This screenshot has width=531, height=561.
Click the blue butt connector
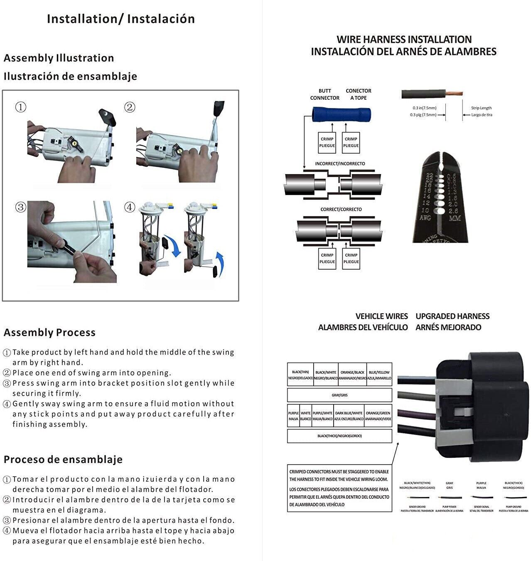341,114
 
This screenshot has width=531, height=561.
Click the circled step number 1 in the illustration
21,107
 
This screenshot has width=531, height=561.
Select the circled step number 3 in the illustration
21,207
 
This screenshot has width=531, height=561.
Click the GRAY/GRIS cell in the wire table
339,395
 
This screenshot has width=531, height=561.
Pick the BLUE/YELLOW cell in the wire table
379,375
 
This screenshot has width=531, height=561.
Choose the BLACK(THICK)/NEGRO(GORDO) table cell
339,436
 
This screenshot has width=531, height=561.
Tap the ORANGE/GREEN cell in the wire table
378,416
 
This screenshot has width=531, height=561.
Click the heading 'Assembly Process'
49,332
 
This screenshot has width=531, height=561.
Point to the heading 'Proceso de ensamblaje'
63,459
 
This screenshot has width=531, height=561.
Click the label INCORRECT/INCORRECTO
340,164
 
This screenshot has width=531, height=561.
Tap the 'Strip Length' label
481,108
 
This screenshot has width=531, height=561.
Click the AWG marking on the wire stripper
425,217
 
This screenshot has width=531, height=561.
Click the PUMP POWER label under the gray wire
449,507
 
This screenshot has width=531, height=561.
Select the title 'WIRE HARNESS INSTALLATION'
404,39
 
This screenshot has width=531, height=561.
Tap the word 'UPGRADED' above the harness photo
435,316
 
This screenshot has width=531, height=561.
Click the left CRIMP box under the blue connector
327,142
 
